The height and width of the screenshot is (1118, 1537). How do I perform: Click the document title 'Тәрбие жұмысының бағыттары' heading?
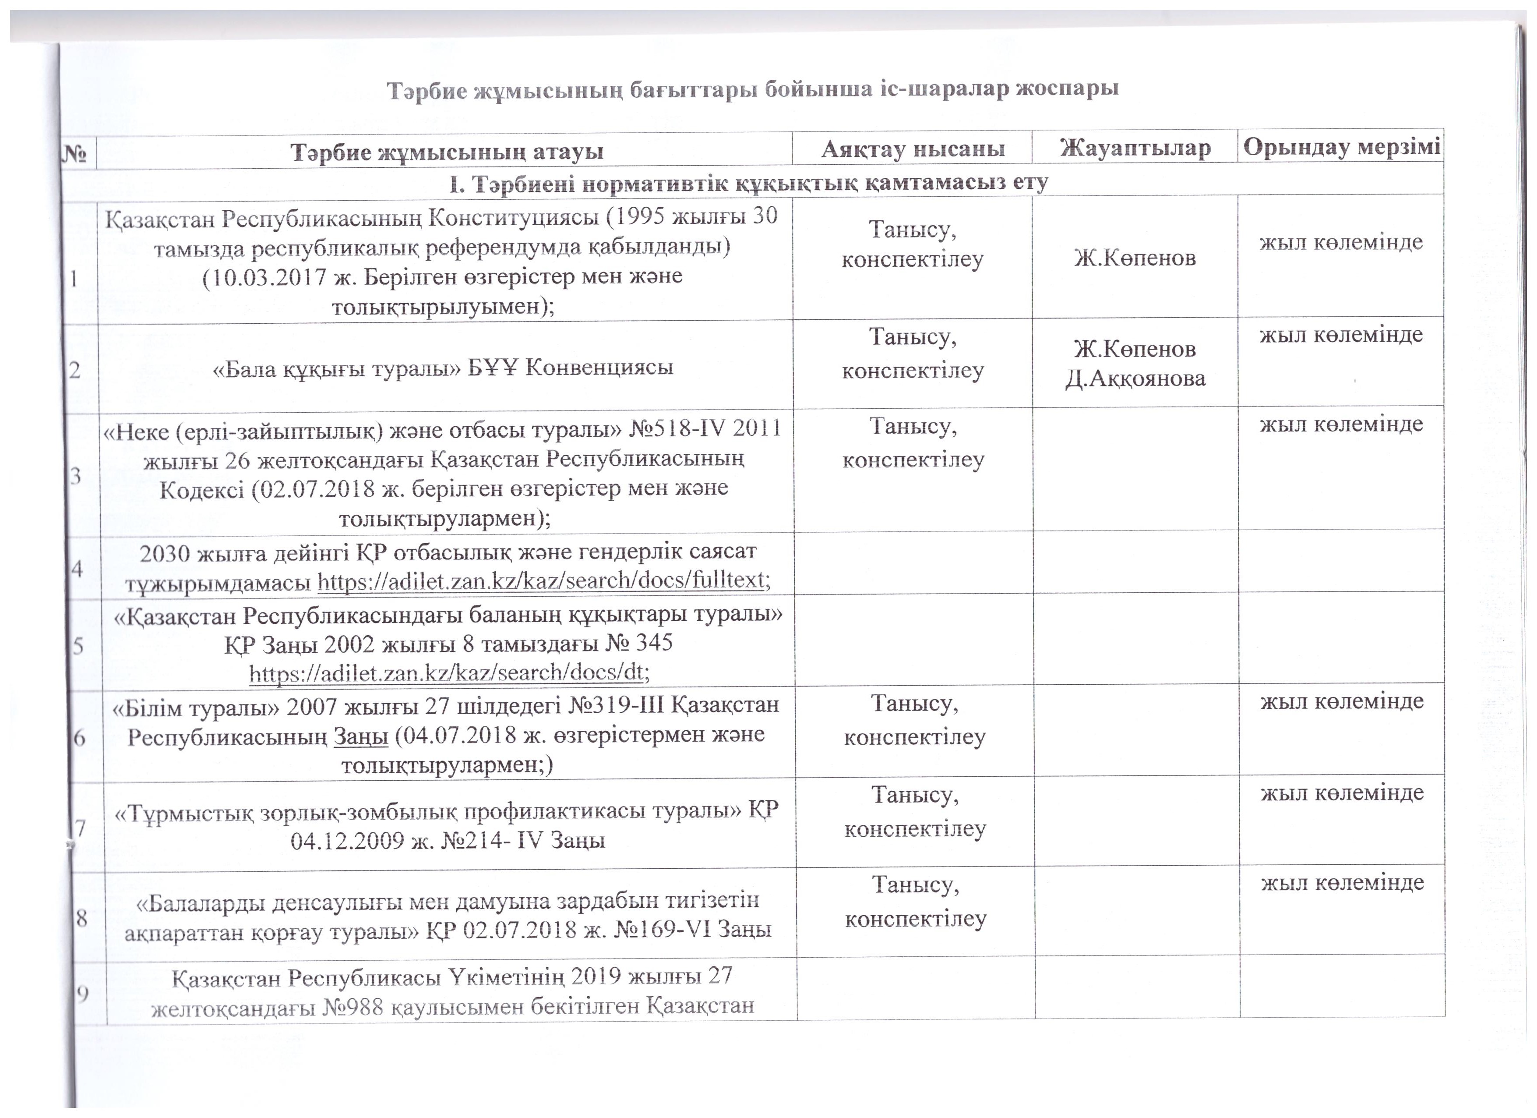[x=752, y=89]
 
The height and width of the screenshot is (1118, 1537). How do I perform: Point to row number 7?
[x=80, y=828]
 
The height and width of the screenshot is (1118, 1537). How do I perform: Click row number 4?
[x=77, y=568]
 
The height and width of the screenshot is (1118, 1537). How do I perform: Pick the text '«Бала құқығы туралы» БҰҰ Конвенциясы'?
[x=443, y=368]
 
